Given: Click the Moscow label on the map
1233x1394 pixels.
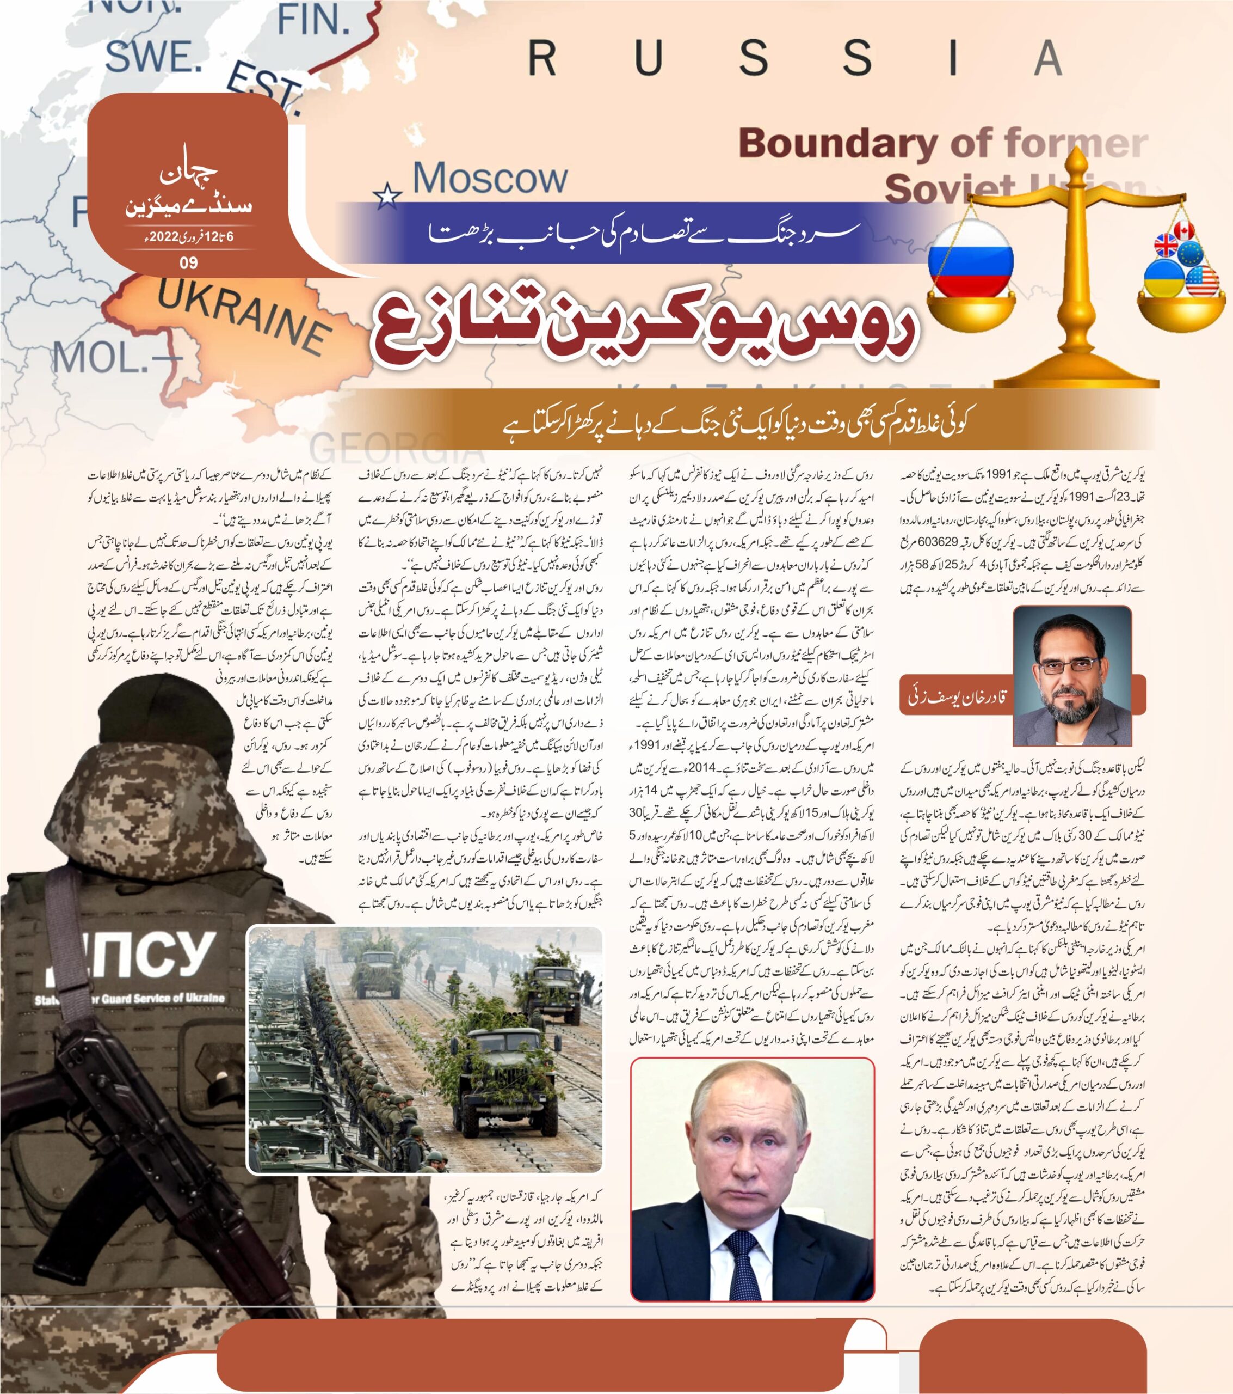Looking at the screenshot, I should (x=489, y=179).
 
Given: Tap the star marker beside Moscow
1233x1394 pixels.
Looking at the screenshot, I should (x=388, y=197).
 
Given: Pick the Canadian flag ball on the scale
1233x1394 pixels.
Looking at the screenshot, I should (x=1185, y=230).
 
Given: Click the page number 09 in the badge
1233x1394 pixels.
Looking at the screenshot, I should (x=188, y=262).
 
